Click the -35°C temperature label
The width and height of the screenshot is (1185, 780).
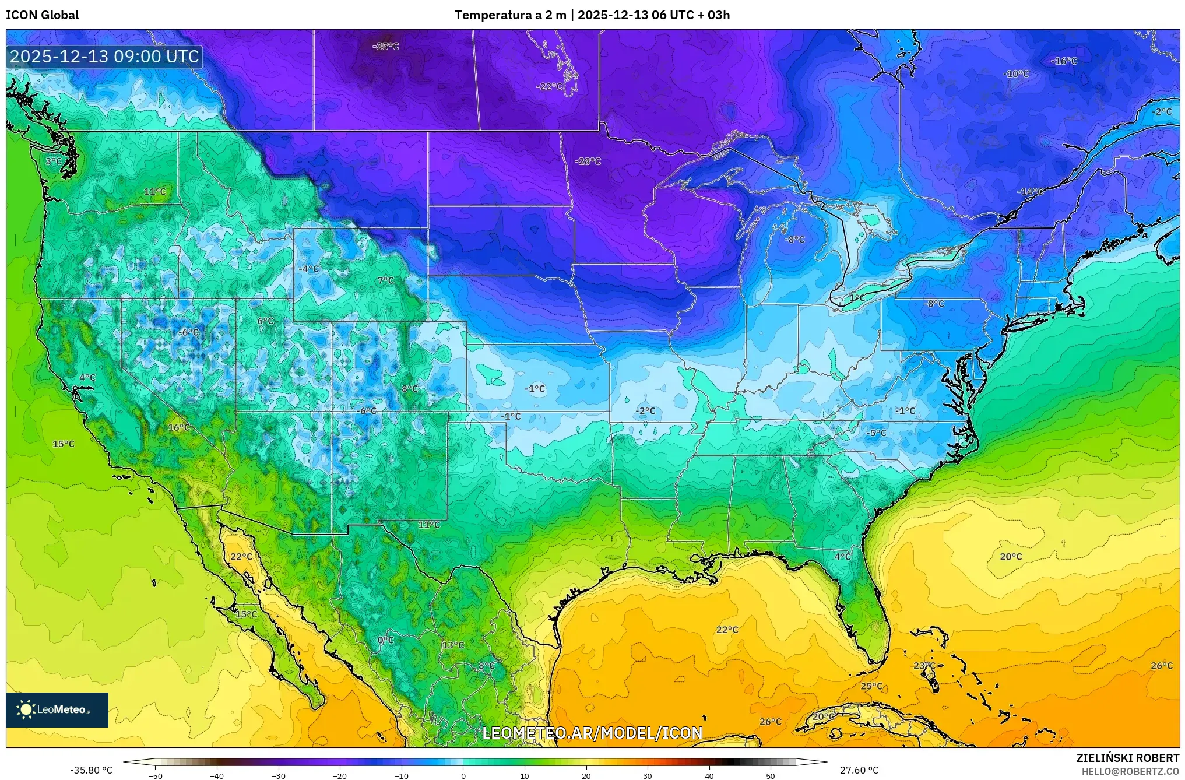click(386, 46)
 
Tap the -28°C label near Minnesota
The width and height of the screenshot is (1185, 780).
click(588, 161)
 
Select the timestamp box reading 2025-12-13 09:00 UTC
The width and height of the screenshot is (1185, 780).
click(105, 57)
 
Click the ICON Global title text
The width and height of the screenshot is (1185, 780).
click(42, 15)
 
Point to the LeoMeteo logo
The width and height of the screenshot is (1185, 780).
click(57, 709)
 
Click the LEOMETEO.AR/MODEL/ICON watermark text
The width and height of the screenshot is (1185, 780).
click(592, 733)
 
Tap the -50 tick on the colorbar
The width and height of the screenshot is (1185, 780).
click(156, 775)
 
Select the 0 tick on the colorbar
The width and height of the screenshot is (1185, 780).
click(463, 775)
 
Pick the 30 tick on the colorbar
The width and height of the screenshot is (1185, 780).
click(648, 775)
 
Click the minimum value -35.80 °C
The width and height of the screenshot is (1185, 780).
click(92, 770)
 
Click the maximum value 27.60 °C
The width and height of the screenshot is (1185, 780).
click(859, 770)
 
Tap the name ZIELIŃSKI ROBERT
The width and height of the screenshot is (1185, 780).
click(1127, 758)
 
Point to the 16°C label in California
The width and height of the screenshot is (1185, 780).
click(179, 427)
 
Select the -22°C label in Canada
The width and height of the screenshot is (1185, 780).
click(550, 86)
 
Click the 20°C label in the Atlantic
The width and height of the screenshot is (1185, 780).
click(1011, 557)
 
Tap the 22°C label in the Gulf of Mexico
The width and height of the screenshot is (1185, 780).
click(727, 630)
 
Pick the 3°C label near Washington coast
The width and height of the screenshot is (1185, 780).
click(54, 161)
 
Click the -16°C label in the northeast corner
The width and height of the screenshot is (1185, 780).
click(1064, 61)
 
